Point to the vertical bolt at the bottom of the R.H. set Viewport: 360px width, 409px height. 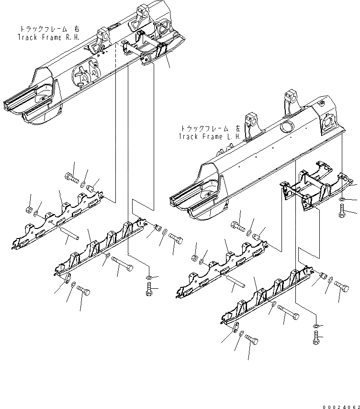(148, 289)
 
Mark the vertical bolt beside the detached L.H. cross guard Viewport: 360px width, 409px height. (342, 211)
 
